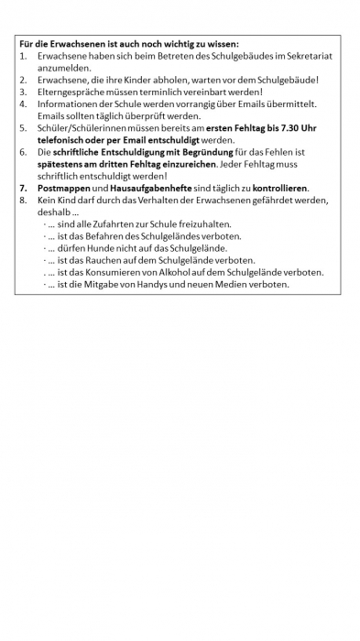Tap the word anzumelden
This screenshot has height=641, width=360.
pyautogui.click(x=64, y=68)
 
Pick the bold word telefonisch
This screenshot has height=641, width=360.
pyautogui.click(x=63, y=140)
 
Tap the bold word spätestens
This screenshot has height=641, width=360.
pyautogui.click(x=61, y=164)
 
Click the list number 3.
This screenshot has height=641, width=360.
pyautogui.click(x=22, y=92)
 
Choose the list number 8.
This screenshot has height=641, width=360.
pyautogui.click(x=22, y=200)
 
